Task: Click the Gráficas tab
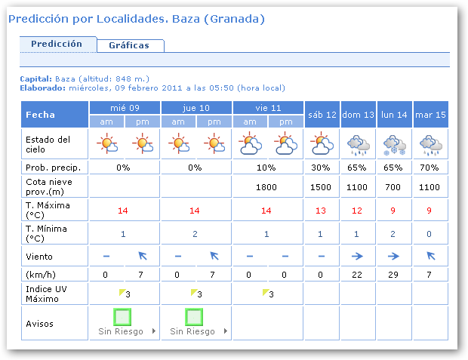129,45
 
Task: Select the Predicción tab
57,44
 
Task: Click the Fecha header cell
54,115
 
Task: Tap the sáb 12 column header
322,115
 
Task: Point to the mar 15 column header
430,115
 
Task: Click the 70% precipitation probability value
430,167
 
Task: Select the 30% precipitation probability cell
322,167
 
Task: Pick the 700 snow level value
394,186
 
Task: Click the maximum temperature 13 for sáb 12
322,211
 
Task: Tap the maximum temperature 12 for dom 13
358,211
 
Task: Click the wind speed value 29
394,273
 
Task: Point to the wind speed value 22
358,273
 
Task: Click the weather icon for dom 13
358,143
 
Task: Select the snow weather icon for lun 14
394,143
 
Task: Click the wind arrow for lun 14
394,256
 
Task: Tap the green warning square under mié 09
123,316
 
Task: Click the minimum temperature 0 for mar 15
430,234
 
